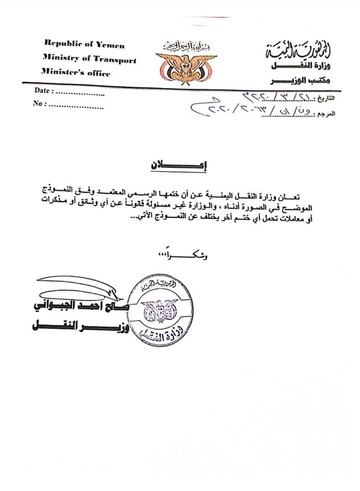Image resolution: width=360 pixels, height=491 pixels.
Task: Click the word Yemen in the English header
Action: tap(110, 44)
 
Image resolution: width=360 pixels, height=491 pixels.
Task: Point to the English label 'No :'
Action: tap(40, 104)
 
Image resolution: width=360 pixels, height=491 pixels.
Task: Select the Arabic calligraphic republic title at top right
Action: tap(299, 49)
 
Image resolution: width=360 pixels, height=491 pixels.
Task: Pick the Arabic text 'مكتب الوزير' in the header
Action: tap(301, 81)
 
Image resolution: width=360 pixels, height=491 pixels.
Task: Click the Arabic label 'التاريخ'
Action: tap(325, 98)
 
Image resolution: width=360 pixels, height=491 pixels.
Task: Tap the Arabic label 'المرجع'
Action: tap(325, 113)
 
